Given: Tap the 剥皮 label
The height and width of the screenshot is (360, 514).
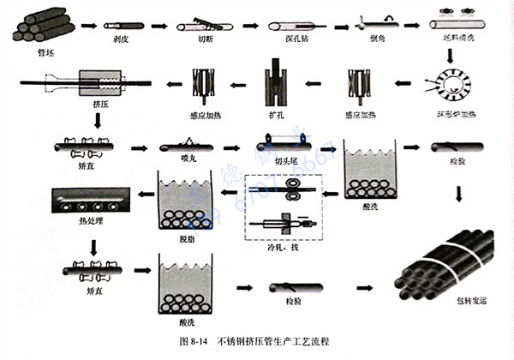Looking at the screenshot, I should (x=121, y=39).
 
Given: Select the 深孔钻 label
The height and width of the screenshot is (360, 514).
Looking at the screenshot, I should (x=287, y=39).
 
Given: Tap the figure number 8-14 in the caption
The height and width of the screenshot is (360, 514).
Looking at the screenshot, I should (x=198, y=342).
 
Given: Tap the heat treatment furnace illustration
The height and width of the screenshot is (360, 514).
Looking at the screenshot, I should (x=89, y=200).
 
